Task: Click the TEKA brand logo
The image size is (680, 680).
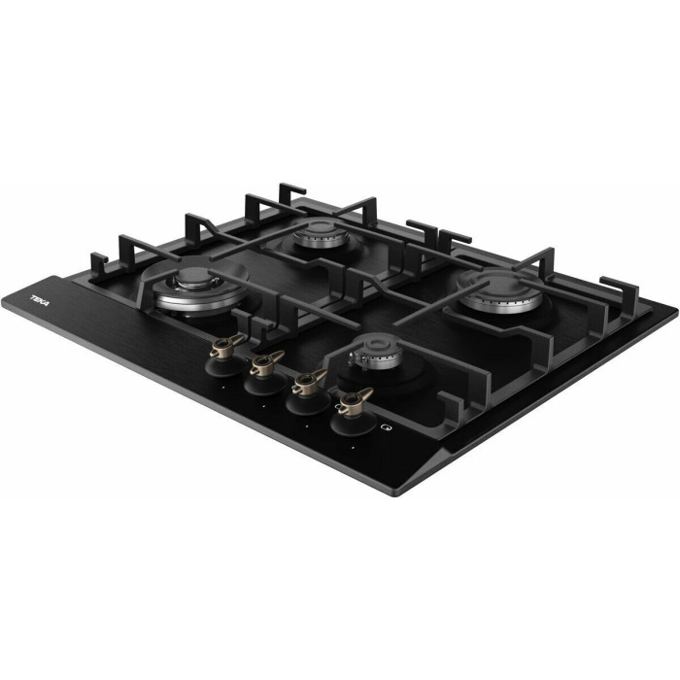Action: point(40,300)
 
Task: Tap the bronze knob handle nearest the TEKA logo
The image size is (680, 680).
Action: point(227,345)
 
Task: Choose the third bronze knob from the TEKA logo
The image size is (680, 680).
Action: point(309,382)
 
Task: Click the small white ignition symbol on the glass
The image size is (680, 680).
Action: point(386,427)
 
